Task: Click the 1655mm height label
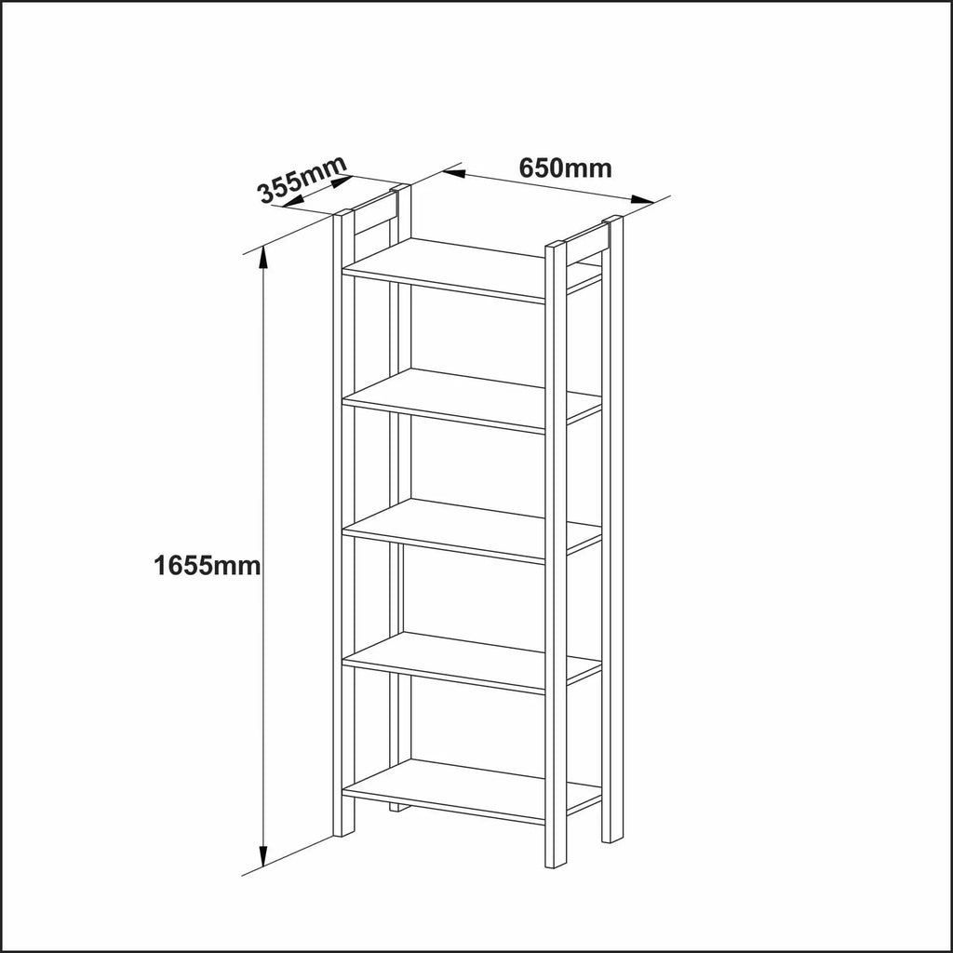pyautogui.click(x=208, y=567)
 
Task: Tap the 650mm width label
pyautogui.click(x=565, y=168)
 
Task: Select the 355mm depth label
pyautogui.click(x=302, y=180)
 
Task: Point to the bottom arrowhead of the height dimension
pyautogui.click(x=263, y=856)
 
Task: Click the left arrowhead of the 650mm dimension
pyautogui.click(x=454, y=174)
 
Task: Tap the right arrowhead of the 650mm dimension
pyautogui.click(x=642, y=199)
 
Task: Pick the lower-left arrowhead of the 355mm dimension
pyautogui.click(x=292, y=201)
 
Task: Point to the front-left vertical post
pyautogui.click(x=343, y=523)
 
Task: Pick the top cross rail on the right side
pyautogui.click(x=586, y=243)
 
